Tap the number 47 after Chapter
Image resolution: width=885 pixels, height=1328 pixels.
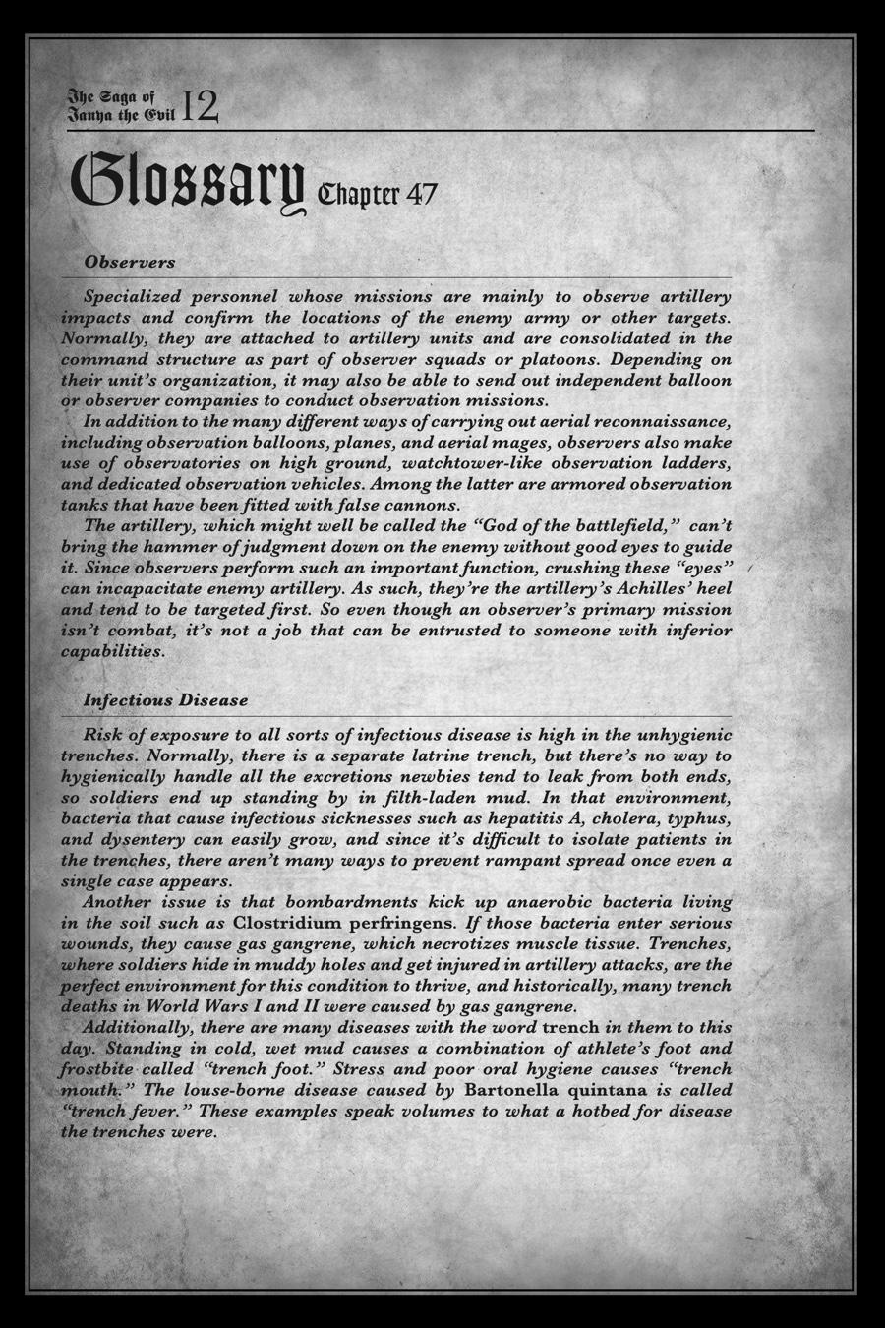click(x=420, y=194)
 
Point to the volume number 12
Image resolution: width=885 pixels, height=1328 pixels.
click(x=200, y=106)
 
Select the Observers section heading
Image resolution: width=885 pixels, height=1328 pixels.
click(x=130, y=262)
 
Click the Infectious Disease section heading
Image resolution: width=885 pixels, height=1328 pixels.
click(x=165, y=700)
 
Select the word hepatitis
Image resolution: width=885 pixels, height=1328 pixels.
click(x=501, y=818)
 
